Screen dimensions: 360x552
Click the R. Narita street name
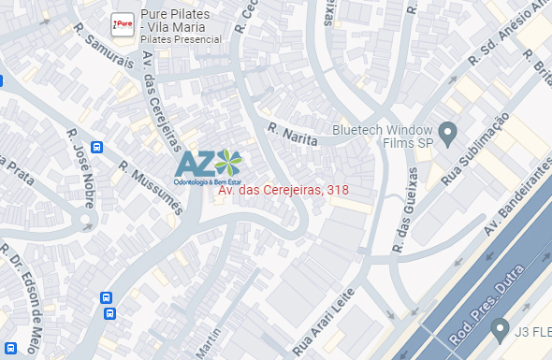click(293, 135)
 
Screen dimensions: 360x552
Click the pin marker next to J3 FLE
click(500, 329)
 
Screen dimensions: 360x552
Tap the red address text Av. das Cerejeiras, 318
click(283, 190)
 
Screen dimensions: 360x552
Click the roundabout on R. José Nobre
click(86, 223)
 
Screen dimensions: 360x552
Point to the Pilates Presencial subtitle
click(181, 40)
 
